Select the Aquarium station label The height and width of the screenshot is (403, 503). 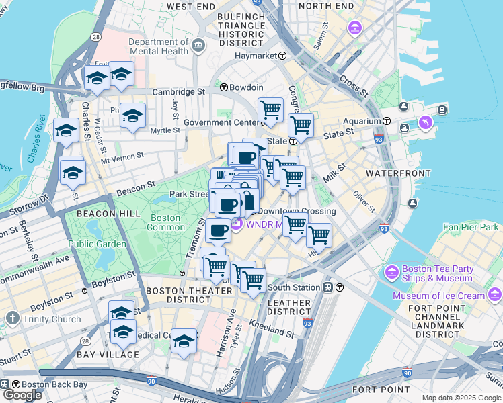tap(362, 121)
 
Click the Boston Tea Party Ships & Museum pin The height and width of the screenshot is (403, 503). tap(392, 273)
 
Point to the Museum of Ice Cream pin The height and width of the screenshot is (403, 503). tap(495, 295)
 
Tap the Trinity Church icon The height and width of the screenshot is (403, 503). tap(12, 318)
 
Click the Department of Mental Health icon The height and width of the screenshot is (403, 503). tap(199, 46)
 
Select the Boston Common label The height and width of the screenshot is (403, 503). tap(165, 222)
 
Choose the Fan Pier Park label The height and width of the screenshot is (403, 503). tap(471, 228)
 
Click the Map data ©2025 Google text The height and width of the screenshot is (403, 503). tap(461, 398)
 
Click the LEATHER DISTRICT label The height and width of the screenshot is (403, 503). tap(289, 308)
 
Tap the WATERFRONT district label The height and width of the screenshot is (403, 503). tap(397, 173)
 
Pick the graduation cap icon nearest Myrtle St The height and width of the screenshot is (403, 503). tap(132, 115)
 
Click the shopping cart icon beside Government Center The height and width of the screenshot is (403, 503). tap(270, 109)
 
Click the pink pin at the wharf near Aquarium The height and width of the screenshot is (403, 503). tap(425, 123)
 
